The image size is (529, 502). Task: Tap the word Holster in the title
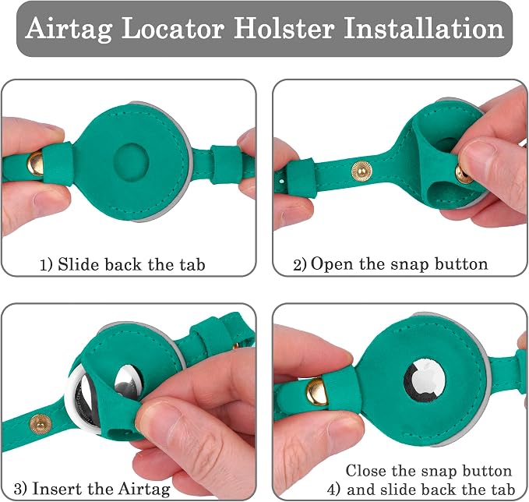(284, 28)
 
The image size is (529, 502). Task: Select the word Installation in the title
(424, 28)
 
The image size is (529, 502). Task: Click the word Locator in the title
(173, 28)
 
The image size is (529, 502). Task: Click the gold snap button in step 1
(35, 164)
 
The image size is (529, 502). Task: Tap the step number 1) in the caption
(46, 265)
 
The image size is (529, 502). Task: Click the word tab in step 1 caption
(192, 264)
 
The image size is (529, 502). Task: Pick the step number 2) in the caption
(299, 265)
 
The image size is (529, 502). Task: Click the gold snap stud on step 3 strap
(41, 423)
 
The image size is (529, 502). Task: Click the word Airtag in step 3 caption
(144, 490)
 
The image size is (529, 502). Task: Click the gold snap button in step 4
(317, 391)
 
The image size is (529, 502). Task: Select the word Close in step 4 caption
(366, 471)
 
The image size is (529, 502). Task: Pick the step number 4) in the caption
(333, 490)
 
